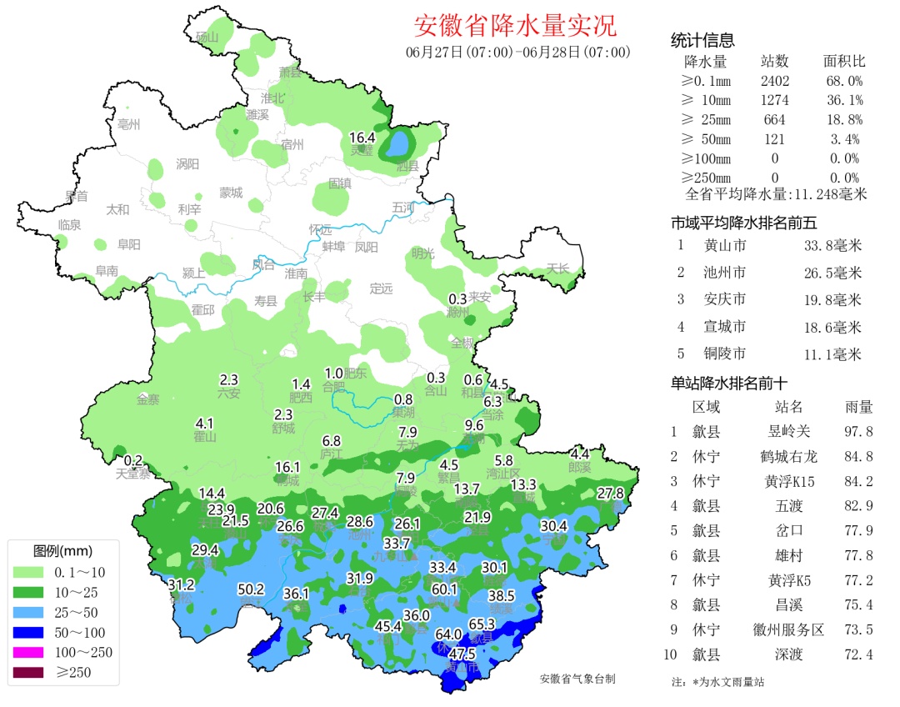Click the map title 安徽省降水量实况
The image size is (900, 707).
pos(516,26)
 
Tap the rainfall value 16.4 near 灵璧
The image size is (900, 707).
pos(362,138)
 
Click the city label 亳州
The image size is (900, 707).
pos(129,125)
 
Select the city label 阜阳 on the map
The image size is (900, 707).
pos(128,244)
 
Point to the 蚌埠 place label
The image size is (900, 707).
pos(333,247)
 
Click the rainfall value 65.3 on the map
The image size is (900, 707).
pos(482,624)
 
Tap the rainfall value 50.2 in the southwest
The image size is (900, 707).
pos(251,589)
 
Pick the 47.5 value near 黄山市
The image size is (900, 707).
pos(462,653)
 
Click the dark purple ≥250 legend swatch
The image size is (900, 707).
pos(30,673)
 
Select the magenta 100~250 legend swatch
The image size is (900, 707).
pos(30,653)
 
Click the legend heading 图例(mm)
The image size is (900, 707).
pos(62,551)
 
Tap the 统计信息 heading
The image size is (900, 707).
pos(702,41)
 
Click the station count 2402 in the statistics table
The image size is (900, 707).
pos(774,81)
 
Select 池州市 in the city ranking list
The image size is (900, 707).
pos(724,273)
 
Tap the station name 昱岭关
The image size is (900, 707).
pos(787,432)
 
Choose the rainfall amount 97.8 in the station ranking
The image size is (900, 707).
pos(858,432)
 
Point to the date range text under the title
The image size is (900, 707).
pos(517,53)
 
